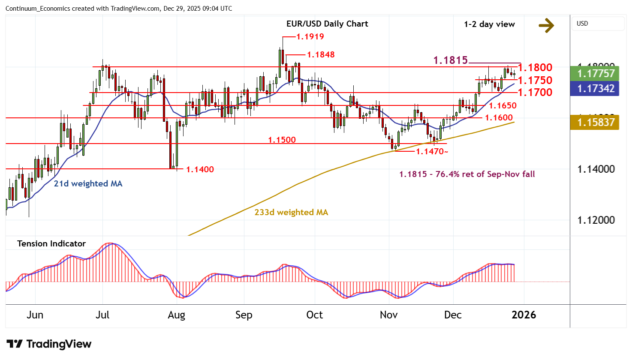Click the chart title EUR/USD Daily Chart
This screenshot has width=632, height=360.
327,24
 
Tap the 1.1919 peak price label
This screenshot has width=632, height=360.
310,36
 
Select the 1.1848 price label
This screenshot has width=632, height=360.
321,54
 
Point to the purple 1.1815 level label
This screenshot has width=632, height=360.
450,60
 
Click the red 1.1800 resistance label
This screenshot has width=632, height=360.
535,67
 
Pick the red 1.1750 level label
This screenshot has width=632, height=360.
535,80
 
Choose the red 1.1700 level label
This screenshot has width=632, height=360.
535,92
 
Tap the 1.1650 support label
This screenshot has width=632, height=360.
503,105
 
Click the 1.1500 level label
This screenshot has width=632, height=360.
282,140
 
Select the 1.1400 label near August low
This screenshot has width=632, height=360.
200,169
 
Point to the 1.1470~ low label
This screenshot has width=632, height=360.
432,151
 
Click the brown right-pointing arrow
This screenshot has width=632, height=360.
546,26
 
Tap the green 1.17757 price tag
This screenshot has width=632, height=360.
596,73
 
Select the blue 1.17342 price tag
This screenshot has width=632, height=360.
596,88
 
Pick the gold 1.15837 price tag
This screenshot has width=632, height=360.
596,122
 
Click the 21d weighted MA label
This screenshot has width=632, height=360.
88,183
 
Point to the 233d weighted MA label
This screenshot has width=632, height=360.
291,212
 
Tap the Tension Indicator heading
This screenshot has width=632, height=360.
51,243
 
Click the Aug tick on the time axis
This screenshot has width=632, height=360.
176,315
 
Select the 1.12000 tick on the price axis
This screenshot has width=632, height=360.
596,220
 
